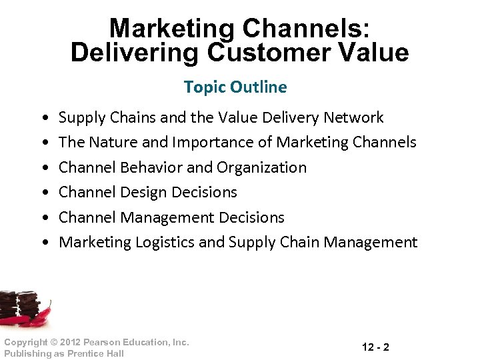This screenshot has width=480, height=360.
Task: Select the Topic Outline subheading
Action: tap(235, 87)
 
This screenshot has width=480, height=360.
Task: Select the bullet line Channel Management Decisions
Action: tap(171, 217)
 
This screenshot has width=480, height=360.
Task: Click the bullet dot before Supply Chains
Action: tap(44, 119)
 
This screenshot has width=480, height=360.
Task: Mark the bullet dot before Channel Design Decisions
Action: tap(44, 193)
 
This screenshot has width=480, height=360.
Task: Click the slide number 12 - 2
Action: tap(376, 347)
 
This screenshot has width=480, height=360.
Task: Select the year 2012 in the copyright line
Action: tap(69, 342)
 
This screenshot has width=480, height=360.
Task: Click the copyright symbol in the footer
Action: tap(52, 342)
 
